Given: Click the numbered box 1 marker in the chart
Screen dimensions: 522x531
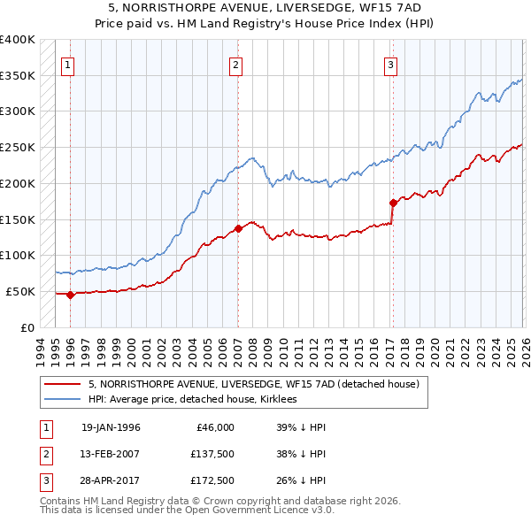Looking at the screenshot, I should (x=69, y=64).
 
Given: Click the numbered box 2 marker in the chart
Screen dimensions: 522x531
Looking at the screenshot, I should (x=236, y=64).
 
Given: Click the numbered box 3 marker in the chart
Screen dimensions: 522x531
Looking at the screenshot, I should (x=390, y=64).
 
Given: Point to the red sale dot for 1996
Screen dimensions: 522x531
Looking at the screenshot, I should (x=71, y=295).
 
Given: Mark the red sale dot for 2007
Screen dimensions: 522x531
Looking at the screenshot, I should (x=238, y=228).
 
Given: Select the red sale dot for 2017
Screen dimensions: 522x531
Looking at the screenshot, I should (x=393, y=203).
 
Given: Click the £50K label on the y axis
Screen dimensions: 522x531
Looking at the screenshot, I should (x=20, y=291).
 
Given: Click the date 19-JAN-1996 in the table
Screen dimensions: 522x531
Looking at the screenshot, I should (x=111, y=427).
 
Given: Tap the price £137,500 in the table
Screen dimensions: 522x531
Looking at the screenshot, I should (x=212, y=455).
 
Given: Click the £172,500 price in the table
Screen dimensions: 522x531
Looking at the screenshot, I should (x=212, y=482).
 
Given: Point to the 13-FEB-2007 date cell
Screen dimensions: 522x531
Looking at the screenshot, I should (x=111, y=455).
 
